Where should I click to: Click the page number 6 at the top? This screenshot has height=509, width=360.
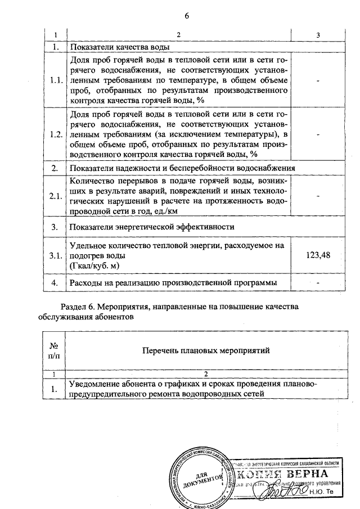(186, 15)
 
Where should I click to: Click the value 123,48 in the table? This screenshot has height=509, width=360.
(318, 255)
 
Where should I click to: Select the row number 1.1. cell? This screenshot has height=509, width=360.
(56, 80)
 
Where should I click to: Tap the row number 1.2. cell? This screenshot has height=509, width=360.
(56, 136)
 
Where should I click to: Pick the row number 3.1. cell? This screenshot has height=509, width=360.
(56, 255)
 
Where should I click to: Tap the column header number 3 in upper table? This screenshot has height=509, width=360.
(318, 35)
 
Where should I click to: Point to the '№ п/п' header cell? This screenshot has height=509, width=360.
(55, 350)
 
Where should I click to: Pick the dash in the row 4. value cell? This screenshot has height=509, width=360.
(318, 282)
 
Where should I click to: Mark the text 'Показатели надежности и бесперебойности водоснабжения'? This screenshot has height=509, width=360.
(182, 169)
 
